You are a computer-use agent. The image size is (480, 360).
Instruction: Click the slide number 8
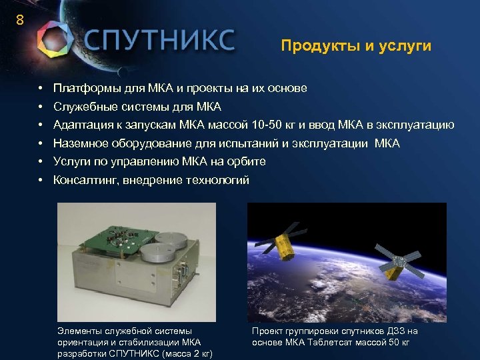tap(20, 20)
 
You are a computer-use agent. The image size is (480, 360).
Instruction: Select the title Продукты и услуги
tap(356, 46)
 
